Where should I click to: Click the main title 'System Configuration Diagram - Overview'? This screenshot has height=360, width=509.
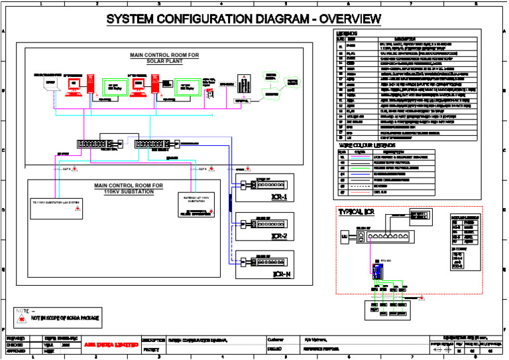(243, 19)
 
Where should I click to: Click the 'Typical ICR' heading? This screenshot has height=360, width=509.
(357, 212)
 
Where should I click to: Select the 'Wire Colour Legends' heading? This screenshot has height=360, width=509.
(367, 145)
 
